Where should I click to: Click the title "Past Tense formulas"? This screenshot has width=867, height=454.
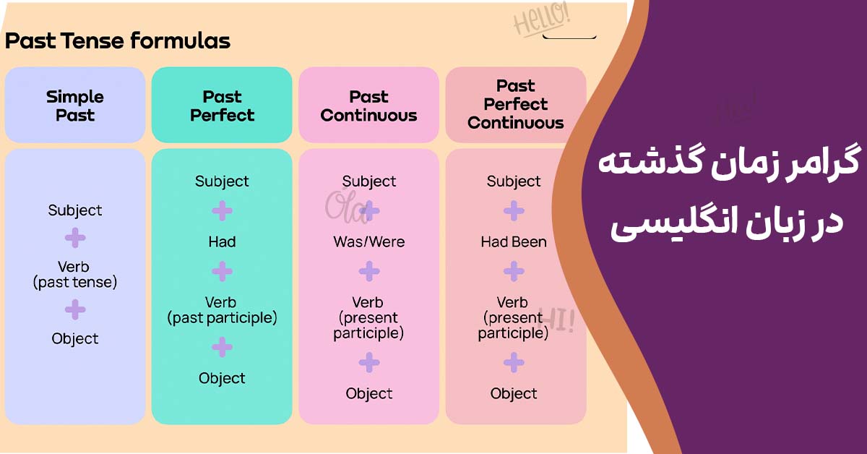[x=117, y=40]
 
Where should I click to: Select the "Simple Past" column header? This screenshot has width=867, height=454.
[x=75, y=106]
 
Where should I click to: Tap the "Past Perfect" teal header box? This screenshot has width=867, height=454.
[x=222, y=106]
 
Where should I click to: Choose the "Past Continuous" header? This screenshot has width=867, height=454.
[x=369, y=106]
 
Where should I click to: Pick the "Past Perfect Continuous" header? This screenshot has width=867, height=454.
[x=516, y=105]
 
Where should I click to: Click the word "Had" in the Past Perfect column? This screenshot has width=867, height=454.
[x=222, y=241]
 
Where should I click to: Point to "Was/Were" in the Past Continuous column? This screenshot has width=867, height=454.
[x=369, y=241]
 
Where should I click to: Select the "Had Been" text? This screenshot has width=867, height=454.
[x=514, y=241]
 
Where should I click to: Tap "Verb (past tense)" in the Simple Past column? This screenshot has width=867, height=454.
[x=74, y=275]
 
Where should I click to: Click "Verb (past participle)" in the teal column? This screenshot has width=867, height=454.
[x=222, y=310]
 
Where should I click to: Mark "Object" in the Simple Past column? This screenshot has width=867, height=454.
[x=74, y=338]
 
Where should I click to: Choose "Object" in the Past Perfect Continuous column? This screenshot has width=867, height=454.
[x=514, y=393]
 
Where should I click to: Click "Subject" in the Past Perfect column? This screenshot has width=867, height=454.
[x=222, y=181]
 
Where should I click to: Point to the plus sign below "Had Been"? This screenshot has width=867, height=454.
[x=514, y=271]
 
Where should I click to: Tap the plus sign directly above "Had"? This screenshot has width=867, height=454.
[x=222, y=210]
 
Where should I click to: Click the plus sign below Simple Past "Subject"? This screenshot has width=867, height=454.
[x=74, y=238]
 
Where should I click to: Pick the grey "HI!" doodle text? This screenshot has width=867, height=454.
[x=556, y=320]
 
